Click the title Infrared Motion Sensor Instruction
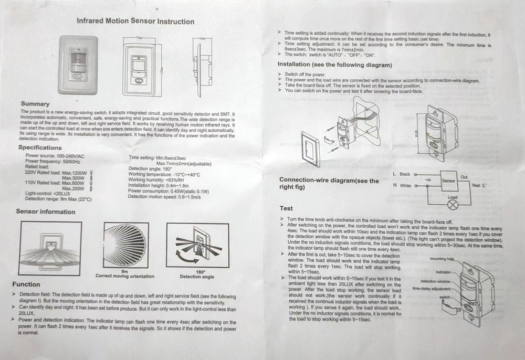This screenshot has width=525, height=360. click(x=135, y=22)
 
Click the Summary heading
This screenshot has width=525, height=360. click(x=35, y=104)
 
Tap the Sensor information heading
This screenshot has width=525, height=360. click(x=46, y=212)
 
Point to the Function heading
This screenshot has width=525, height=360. click(x=26, y=284)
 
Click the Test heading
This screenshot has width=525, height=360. click(x=286, y=208)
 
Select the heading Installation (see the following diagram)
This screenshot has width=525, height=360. click(x=334, y=65)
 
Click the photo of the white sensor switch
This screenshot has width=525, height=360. click(x=78, y=65)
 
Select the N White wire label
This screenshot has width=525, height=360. click(x=402, y=185)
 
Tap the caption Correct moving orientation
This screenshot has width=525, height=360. click(x=125, y=276)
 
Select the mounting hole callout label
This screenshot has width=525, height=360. click(x=441, y=259)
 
